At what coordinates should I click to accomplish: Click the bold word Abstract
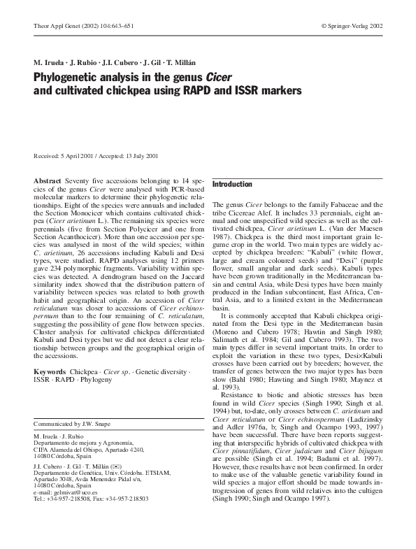(x=47, y=180)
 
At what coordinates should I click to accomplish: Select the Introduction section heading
(x=232, y=185)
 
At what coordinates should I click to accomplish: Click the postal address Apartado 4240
(x=125, y=449)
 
